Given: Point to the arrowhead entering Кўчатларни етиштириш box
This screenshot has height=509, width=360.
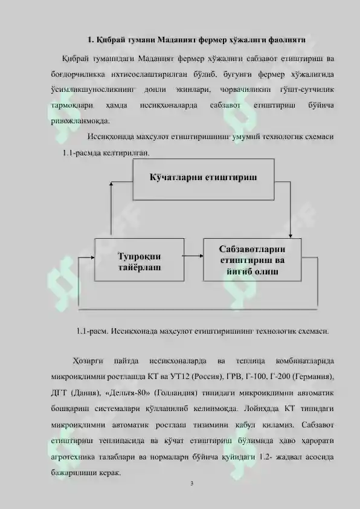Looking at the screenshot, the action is point(111,184).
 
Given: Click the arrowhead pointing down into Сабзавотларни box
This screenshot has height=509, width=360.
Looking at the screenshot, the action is point(291,236).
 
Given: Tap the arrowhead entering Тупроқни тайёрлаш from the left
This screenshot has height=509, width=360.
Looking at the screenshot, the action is point(92,258).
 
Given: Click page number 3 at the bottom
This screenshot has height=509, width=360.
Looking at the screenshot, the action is point(191,484).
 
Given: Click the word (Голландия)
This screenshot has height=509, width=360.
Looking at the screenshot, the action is point(176,393).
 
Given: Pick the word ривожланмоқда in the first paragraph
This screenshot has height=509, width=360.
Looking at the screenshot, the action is point(80,121).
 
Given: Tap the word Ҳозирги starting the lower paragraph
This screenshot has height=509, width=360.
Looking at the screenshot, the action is point(88,361).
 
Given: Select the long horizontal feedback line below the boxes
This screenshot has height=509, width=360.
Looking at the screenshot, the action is point(198,310).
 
